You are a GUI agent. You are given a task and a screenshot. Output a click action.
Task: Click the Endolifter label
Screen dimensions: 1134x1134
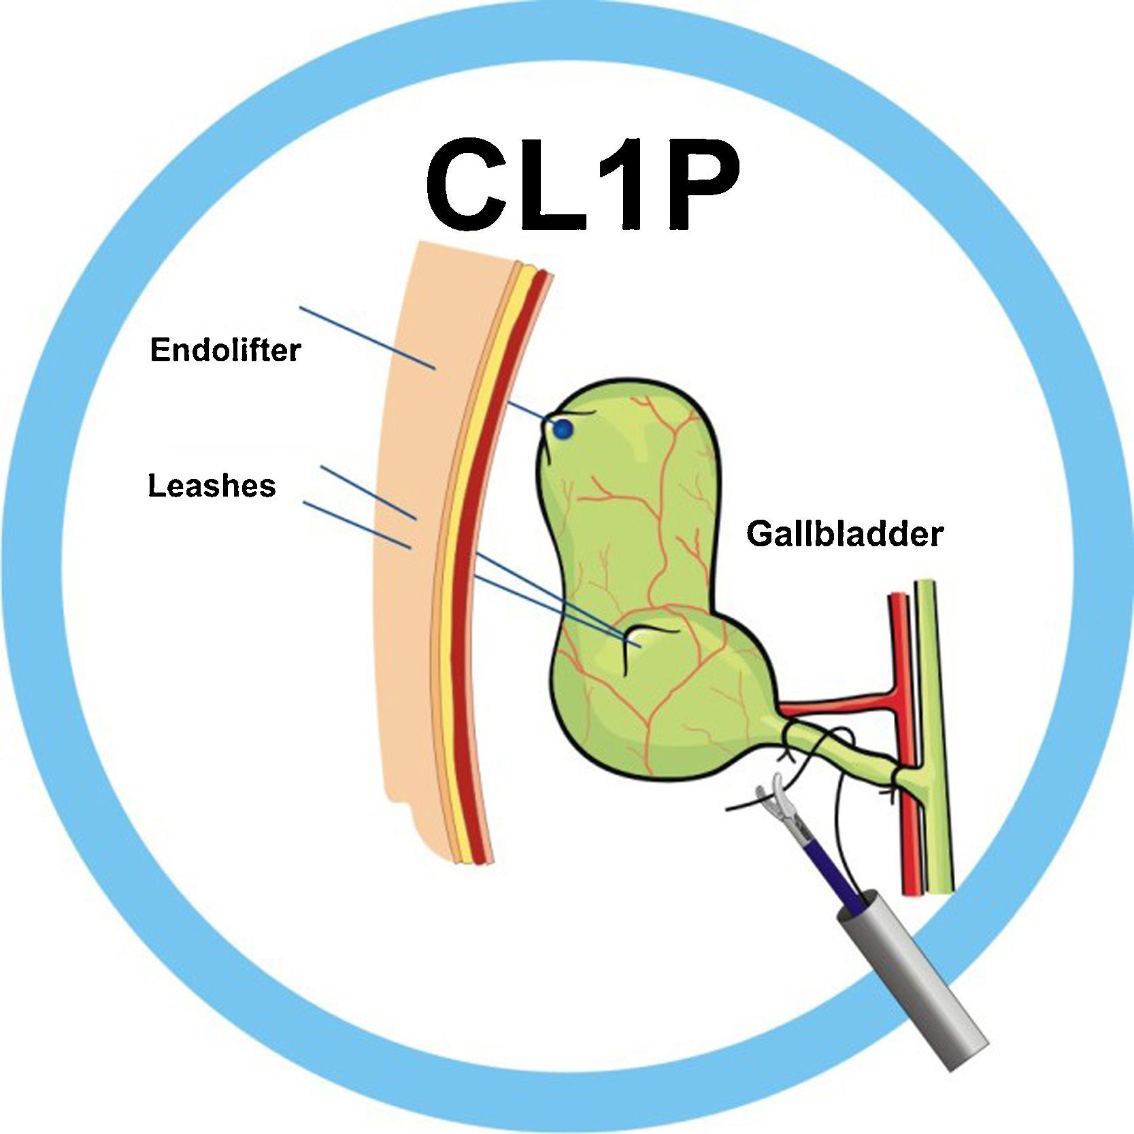224,350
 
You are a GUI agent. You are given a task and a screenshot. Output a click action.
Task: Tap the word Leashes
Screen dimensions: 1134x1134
212,486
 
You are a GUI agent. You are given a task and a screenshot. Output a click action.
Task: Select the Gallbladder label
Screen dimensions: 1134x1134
845,533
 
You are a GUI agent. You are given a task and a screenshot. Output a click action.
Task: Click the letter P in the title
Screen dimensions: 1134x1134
701,187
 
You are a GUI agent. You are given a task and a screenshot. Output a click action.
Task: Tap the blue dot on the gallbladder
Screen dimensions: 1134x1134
563,429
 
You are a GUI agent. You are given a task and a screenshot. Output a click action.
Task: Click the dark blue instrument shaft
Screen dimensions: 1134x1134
833,874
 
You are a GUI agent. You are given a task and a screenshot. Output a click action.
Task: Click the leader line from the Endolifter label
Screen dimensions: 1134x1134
367,338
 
